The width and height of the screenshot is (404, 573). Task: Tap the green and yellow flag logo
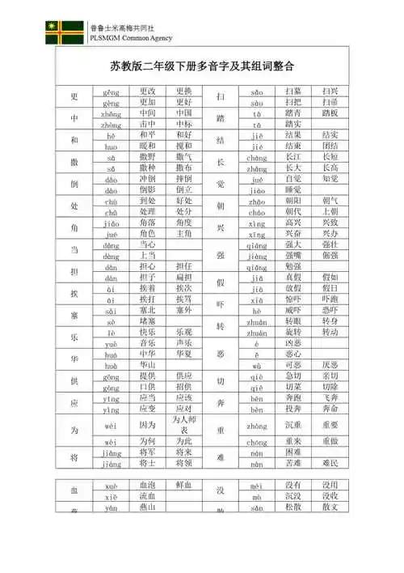point(64,32)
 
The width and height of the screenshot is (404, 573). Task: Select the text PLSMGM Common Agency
point(133,38)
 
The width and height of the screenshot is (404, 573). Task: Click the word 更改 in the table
point(147,92)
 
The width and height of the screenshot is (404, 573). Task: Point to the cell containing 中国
point(183,114)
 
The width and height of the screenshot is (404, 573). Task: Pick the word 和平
point(147,135)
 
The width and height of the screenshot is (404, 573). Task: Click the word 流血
point(147,495)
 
